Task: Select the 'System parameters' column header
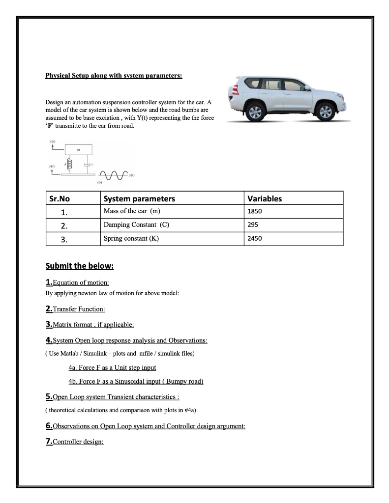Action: tap(139, 199)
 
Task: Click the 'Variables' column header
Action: tap(264, 199)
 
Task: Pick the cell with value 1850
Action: tap(255, 212)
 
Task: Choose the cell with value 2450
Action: tap(255, 239)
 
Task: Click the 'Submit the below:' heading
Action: tap(79, 266)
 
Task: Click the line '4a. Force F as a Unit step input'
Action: tap(112, 367)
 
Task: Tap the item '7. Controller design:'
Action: tap(74, 442)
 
